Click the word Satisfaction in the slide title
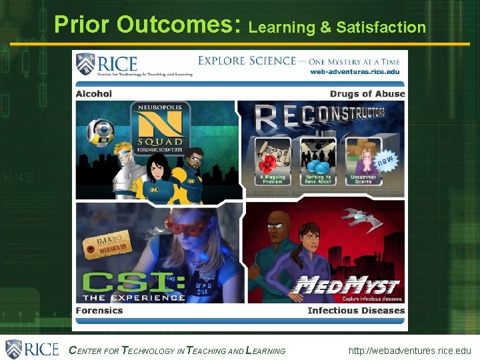pos(381,27)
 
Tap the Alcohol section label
pos(94,94)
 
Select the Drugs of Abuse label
pos(367,94)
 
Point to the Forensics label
pos(99,311)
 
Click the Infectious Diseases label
pos(356,311)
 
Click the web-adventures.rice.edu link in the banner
pos(355,72)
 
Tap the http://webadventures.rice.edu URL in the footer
pos(409,351)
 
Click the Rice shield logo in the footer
pos(15,349)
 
